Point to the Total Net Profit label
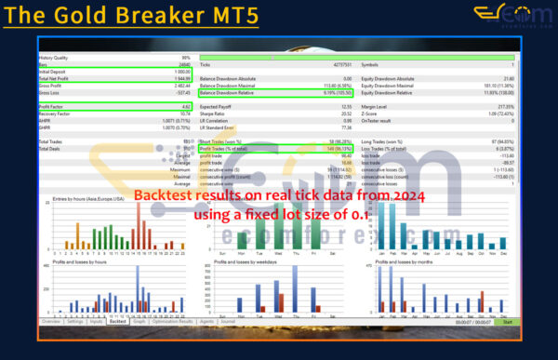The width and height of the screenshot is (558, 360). click(58, 78)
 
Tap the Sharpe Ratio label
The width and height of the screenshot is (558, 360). click(216, 113)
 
